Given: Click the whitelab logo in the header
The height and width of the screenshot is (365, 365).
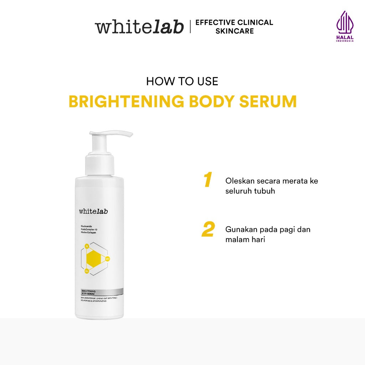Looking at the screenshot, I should [x=139, y=27].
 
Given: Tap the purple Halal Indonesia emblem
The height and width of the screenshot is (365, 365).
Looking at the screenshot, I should [x=345, y=26].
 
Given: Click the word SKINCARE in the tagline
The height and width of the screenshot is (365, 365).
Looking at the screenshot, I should [x=235, y=31].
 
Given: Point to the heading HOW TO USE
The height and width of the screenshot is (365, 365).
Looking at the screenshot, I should [x=182, y=81].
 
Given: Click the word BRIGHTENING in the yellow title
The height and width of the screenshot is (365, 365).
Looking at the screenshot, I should [x=126, y=102].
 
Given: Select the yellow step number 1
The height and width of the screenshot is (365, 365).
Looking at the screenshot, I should [x=208, y=180].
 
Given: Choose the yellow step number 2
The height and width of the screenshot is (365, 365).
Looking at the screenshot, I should [x=208, y=230].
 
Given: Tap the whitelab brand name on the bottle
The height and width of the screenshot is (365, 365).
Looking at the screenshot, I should [x=93, y=211].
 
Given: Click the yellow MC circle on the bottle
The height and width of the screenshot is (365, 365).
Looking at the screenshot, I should [x=107, y=258].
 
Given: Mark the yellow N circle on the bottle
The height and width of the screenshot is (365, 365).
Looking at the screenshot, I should [x=87, y=246].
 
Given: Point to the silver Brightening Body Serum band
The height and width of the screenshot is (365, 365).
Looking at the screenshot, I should [x=99, y=292].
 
